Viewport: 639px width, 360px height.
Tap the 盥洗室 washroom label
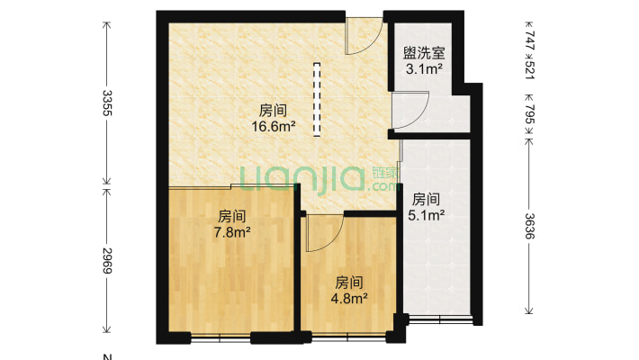[x=422, y=54]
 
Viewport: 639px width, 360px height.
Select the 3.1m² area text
[x=422, y=68]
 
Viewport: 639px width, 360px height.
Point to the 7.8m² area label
[x=231, y=231]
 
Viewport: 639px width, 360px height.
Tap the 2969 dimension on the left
[x=107, y=261]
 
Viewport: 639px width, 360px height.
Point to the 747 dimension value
[x=529, y=41]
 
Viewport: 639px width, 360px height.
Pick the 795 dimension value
[x=529, y=115]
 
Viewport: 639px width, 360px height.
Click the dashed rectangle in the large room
[x=317, y=99]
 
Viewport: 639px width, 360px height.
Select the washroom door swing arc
[x=410, y=112]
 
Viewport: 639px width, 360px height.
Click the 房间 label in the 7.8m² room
[x=231, y=217]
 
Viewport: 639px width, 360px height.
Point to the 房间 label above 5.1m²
[x=426, y=199]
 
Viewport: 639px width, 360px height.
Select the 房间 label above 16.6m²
[x=274, y=111]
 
